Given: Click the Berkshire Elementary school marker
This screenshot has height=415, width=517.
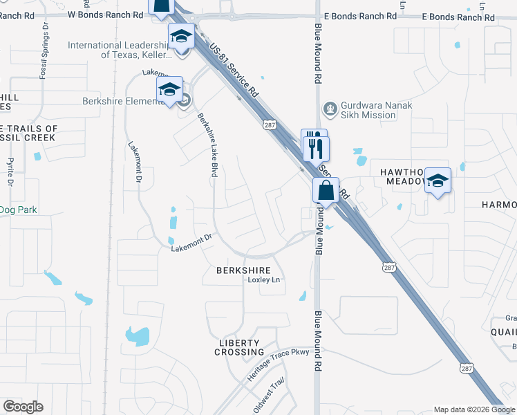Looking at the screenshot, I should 169,89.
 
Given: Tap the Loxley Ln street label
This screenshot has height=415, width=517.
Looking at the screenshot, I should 265,280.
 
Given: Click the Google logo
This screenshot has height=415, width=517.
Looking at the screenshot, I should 23,407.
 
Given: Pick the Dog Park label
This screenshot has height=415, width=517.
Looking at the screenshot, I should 19,210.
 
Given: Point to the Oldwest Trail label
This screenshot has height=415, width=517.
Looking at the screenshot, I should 269,397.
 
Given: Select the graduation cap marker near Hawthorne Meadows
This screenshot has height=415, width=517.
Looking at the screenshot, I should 437,181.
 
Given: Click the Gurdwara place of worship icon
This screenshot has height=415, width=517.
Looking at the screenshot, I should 330,109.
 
